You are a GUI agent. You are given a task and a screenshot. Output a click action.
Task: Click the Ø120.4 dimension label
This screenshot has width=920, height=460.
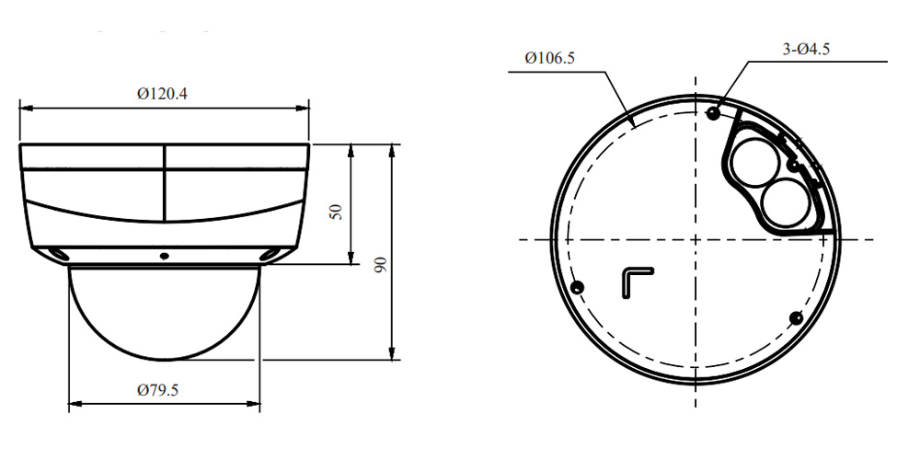point(163,94)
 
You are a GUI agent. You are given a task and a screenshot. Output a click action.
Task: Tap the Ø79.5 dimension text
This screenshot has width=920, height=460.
point(157,391)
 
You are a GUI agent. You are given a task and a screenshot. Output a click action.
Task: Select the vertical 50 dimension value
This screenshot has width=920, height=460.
point(336,212)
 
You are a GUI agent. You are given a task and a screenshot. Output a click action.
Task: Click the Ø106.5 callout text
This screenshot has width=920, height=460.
point(550,58)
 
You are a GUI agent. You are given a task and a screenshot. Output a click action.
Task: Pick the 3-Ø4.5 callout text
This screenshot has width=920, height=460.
point(806,50)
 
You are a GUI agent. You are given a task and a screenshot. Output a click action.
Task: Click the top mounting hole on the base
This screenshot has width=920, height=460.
point(714,113)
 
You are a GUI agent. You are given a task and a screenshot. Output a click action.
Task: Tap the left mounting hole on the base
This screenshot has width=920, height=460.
point(578,287)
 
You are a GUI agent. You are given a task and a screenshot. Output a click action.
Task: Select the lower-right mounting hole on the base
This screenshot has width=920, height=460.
point(796,318)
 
